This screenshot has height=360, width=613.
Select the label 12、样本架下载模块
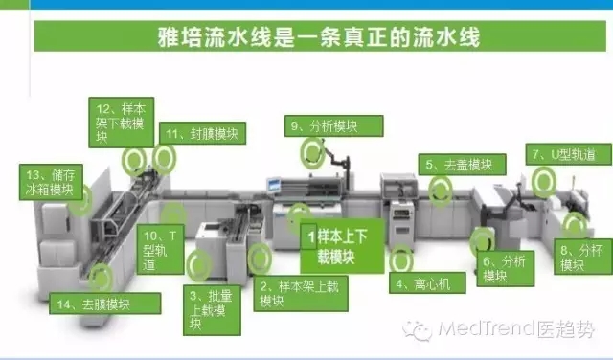[122, 123]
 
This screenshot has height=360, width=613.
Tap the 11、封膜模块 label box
[202, 133]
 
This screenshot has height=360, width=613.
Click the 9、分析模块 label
[334, 125]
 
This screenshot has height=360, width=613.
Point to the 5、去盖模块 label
[462, 164]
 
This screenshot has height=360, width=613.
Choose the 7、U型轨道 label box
[568, 154]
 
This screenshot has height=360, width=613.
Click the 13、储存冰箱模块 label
[51, 182]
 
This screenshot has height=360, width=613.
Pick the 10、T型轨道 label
[160, 251]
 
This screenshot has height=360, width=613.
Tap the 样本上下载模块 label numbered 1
[342, 246]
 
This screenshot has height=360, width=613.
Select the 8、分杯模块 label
[583, 257]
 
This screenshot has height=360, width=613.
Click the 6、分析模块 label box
[506, 268]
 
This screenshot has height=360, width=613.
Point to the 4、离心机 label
[427, 282]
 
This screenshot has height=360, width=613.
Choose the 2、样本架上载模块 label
[301, 294]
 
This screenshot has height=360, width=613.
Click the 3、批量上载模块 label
[212, 310]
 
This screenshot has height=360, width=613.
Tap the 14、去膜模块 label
[104, 304]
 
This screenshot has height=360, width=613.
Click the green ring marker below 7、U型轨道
[543, 182]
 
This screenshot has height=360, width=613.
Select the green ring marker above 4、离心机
[401, 259]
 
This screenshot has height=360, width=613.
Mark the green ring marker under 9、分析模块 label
[312, 153]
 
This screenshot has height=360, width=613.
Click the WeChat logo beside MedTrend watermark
[418, 330]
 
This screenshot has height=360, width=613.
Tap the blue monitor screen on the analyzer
[274, 185]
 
